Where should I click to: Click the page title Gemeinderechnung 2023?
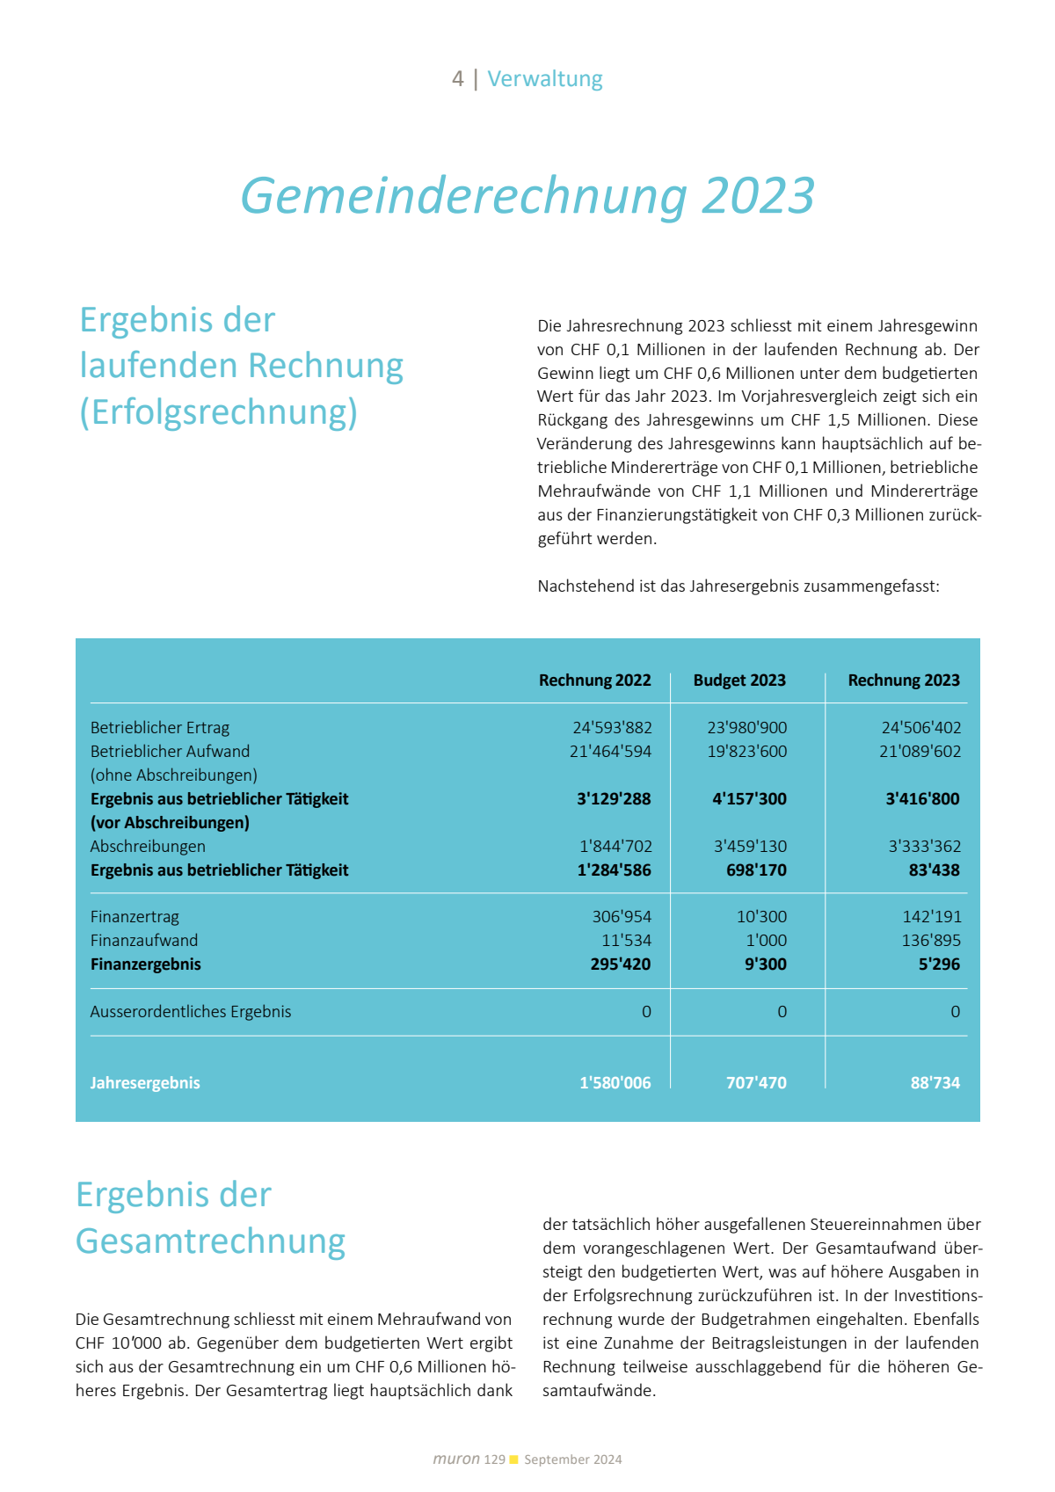tap(527, 195)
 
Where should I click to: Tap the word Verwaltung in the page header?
tap(545, 79)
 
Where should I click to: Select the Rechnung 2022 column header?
tap(594, 680)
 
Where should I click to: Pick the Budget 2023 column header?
tap(739, 680)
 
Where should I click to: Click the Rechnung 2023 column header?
tap(904, 680)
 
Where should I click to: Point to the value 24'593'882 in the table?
tap(612, 728)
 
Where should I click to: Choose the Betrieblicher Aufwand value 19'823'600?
tap(747, 752)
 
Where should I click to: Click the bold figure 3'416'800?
tap(922, 799)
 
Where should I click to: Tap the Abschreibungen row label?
tap(148, 847)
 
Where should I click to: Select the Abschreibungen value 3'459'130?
tap(750, 847)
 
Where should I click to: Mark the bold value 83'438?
tap(934, 870)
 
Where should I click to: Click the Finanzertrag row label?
tap(135, 917)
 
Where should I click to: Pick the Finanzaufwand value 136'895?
tap(931, 941)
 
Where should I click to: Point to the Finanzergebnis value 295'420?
tap(620, 964)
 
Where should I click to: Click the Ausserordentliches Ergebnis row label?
tap(191, 1012)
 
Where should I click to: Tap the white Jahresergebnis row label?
tap(145, 1083)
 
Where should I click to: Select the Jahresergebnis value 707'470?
tap(756, 1083)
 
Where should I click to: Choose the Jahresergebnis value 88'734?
tap(935, 1083)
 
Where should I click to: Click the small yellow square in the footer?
tap(514, 1459)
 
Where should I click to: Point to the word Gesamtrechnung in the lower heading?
tap(211, 1241)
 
